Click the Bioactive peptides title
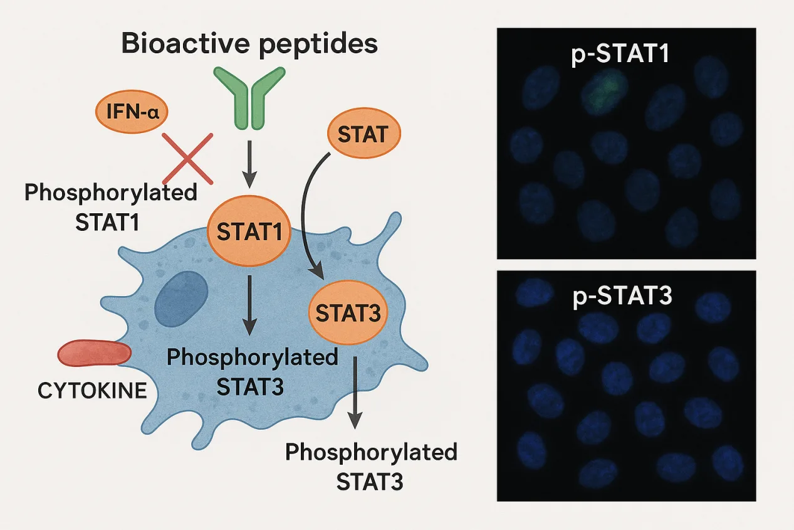pos(249,45)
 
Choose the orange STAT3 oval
pos(348,312)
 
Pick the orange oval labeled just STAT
pos(363,135)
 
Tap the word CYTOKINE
pos(92,391)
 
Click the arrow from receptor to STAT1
pos(249,163)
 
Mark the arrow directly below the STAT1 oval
pos(249,304)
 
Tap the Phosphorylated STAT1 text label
pos(111,208)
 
